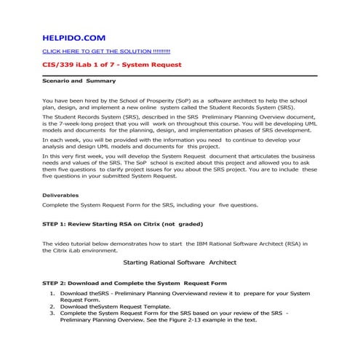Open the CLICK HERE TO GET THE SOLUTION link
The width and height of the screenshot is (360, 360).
[106, 52]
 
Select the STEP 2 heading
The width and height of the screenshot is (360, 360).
[135, 282]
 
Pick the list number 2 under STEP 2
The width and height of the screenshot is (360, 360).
[52, 306]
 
